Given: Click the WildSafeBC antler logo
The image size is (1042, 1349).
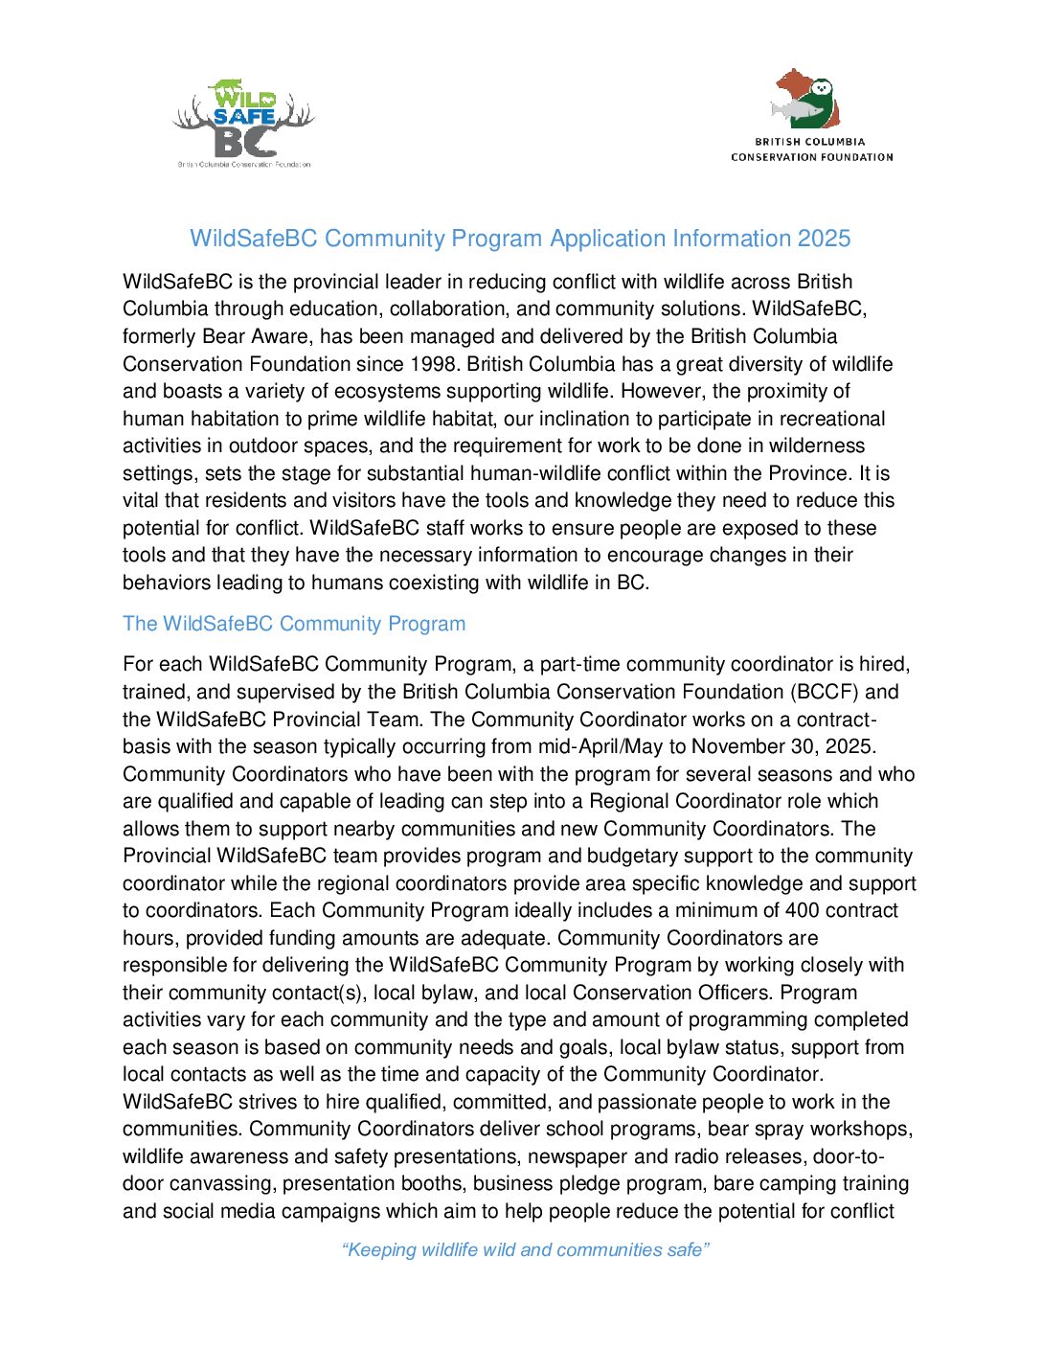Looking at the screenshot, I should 243,123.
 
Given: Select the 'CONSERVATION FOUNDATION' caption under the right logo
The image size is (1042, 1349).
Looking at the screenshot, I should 811,157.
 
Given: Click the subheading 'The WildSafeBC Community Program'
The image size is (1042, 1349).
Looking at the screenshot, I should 294,624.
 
